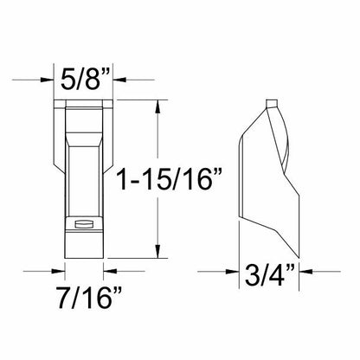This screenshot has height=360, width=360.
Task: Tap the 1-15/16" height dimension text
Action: tap(170, 180)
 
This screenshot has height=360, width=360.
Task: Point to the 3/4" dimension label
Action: tap(270, 275)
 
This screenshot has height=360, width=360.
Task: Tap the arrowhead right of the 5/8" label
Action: tap(119, 80)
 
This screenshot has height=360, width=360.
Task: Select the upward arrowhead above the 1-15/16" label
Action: tap(157, 106)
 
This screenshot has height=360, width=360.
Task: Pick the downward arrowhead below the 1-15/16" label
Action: tap(157, 251)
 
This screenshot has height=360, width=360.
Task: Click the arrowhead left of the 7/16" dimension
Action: tap(58, 271)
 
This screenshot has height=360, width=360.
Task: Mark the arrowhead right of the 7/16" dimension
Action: tap(110, 271)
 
